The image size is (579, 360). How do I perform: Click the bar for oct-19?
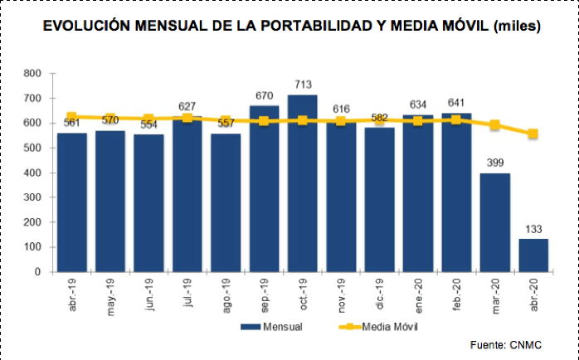tap(303, 183)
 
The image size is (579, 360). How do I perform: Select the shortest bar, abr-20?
tap(533, 255)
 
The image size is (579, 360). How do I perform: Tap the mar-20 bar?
tap(495, 221)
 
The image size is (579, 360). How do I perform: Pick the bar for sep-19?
tap(264, 188)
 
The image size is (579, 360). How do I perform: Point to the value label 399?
tap(495, 163)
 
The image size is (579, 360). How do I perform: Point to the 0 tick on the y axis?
tap(37, 272)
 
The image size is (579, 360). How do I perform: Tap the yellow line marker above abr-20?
tap(533, 134)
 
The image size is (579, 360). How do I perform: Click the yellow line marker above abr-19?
tap(72, 117)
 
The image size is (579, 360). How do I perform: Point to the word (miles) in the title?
tap(518, 26)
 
